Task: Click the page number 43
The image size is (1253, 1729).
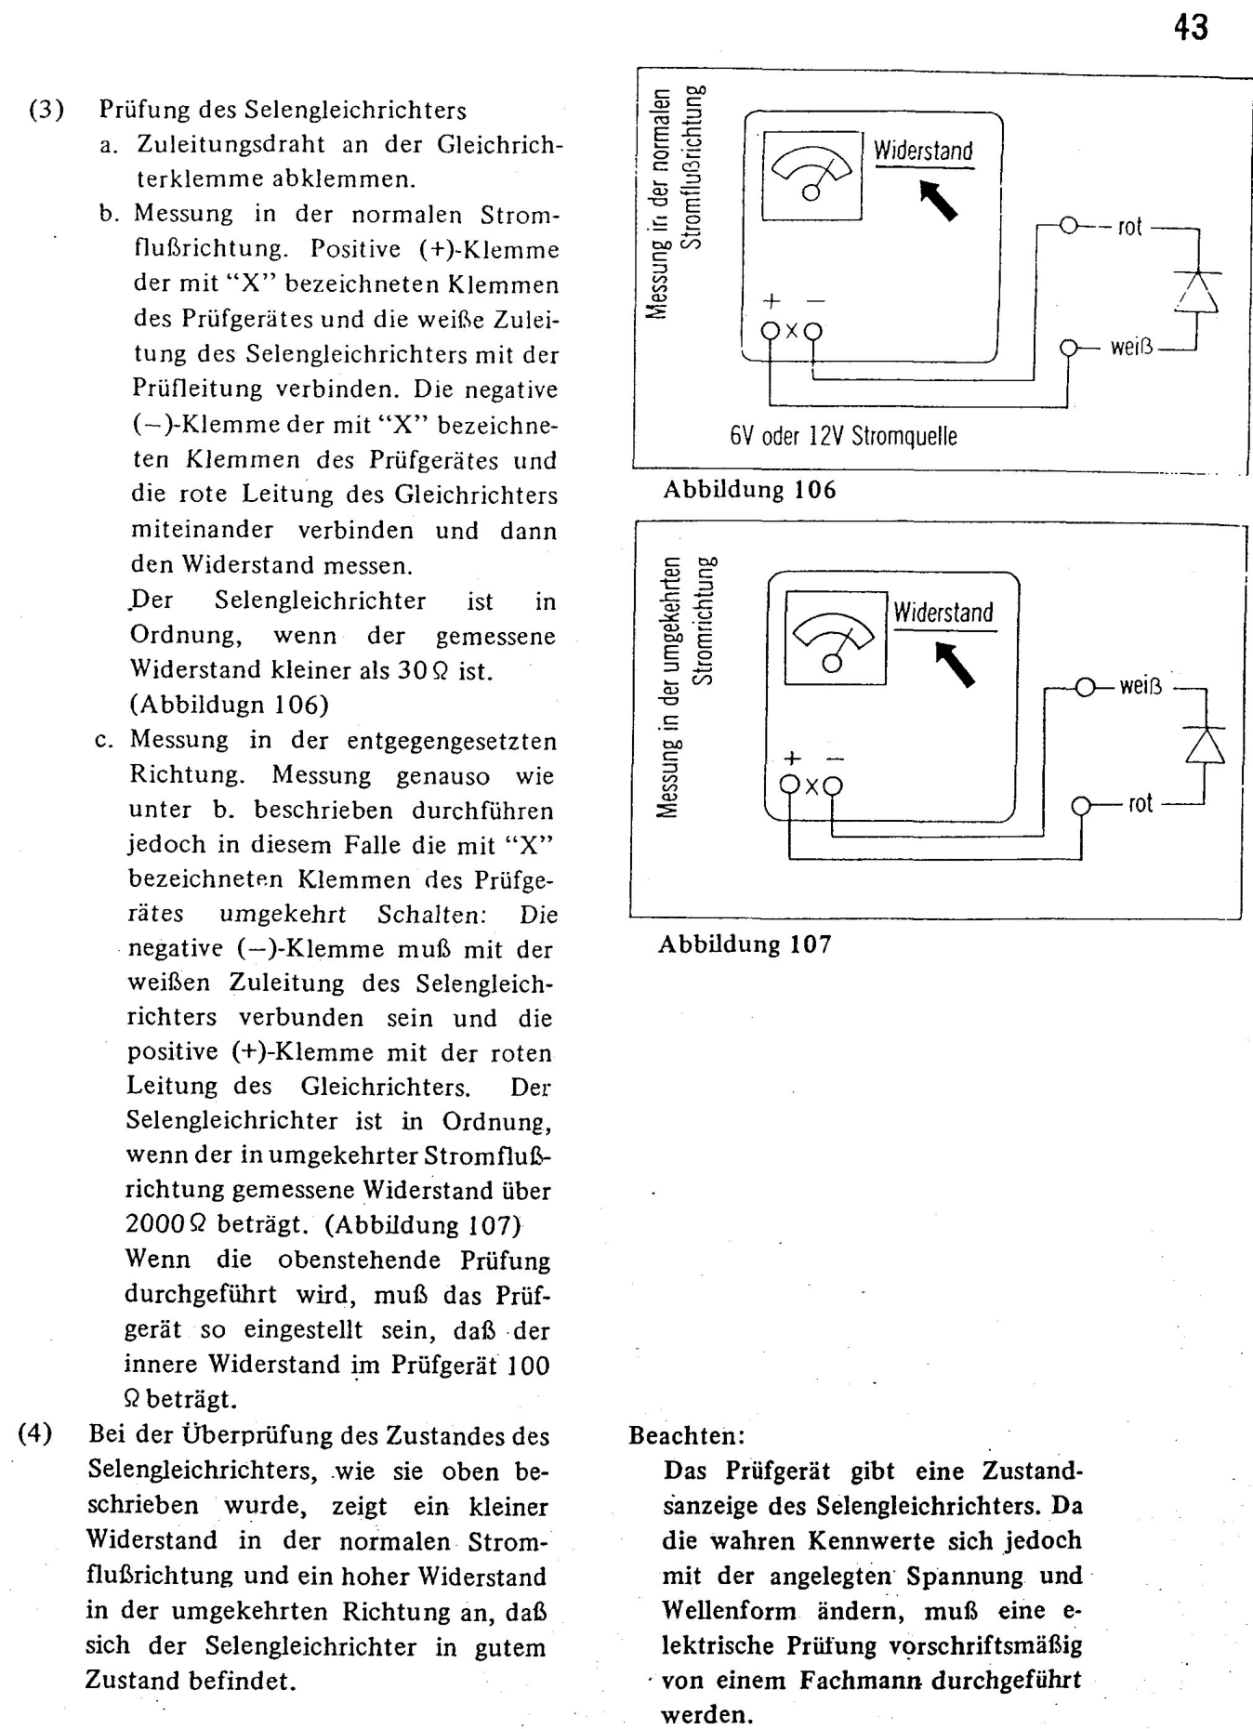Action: point(1191,29)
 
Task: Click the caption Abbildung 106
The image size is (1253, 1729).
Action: point(749,490)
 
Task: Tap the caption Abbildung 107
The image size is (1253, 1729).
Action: point(745,944)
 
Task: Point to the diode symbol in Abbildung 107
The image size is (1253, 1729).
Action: point(1204,745)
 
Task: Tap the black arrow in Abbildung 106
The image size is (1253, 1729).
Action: point(938,200)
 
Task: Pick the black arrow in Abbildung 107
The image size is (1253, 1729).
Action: point(955,663)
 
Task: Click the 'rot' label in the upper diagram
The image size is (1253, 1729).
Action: point(1129,227)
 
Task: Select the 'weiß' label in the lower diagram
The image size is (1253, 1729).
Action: point(1141,687)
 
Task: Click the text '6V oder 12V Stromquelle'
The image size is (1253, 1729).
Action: point(843,436)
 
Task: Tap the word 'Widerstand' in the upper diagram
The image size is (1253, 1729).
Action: point(923,152)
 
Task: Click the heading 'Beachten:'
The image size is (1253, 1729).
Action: point(687,1435)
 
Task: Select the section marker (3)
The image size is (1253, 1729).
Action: point(46,110)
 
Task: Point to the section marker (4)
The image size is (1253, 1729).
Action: point(35,1432)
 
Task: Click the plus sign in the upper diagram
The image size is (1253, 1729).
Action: point(771,301)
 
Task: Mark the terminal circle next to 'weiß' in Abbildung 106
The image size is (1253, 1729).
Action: point(1069,348)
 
